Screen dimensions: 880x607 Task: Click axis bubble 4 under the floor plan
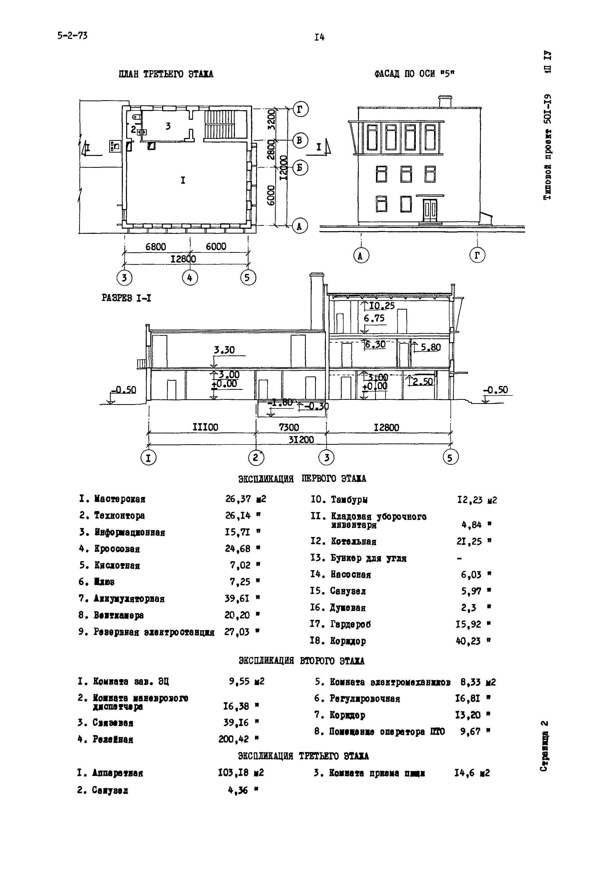coord(190,278)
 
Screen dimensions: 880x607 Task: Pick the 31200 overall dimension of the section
coord(301,440)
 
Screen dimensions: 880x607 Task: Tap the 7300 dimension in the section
coord(289,428)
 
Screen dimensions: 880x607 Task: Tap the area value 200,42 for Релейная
coord(234,739)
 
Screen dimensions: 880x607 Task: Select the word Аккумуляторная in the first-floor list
coord(129,599)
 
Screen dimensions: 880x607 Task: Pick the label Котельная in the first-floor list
coord(353,542)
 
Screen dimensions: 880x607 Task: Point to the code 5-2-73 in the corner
coord(72,36)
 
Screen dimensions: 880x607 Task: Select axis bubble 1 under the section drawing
coord(148,458)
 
